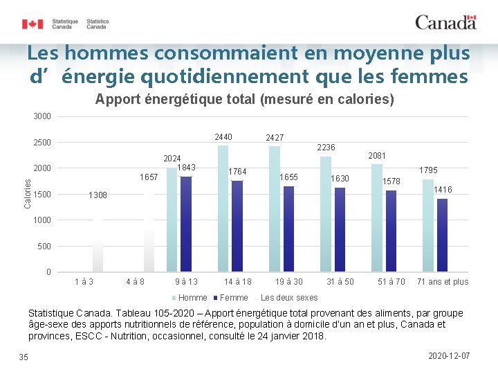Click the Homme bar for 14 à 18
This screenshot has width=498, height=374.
coord(223,208)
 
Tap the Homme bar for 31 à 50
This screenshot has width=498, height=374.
coord(326,213)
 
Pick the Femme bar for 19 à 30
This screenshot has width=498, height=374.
coord(288,229)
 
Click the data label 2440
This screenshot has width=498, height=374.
coord(223,137)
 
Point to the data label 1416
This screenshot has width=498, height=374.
coord(443,190)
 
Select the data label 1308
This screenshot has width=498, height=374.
coord(98,196)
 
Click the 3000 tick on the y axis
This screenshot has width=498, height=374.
coord(42,116)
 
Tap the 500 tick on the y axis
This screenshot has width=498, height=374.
coord(44,247)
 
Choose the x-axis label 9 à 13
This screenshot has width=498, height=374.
coord(186,282)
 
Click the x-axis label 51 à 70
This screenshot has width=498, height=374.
coord(391,282)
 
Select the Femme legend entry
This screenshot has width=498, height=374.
coord(233,298)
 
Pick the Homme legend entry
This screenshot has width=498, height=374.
coord(192,298)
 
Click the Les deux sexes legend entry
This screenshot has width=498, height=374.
coord(288,298)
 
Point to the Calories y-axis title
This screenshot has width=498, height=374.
coord(28,193)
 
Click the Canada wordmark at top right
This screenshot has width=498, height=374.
coord(445,22)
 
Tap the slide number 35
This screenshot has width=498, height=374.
coord(24,357)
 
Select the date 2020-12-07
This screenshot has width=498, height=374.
coord(449,355)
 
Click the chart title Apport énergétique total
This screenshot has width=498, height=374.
coord(245,100)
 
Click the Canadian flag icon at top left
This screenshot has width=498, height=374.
coord(33,24)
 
